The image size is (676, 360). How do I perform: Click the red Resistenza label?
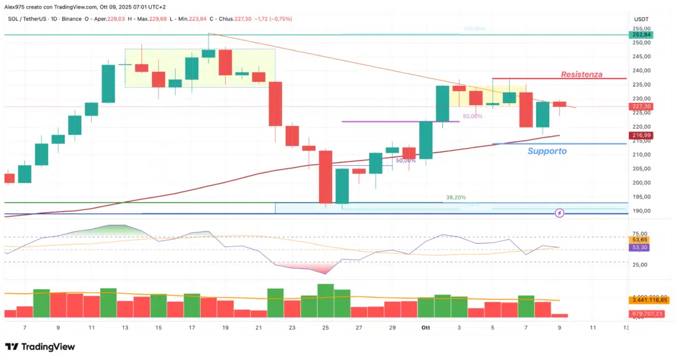tap(582, 75)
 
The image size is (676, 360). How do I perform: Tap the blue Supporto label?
tap(547, 151)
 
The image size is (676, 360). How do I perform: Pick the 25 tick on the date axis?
tap(326, 327)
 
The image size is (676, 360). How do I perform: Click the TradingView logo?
tap(40, 347)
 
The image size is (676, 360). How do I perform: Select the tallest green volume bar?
tap(326, 301)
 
